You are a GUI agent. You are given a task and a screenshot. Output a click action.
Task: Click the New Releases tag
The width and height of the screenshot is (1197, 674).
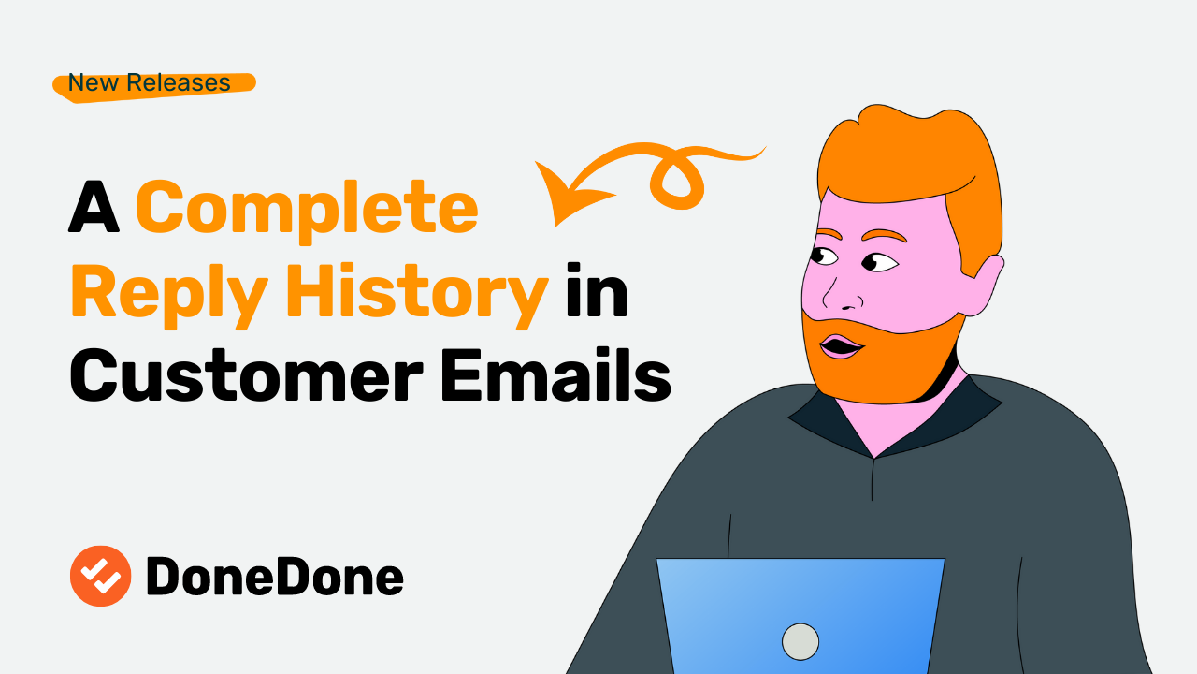pyautogui.click(x=150, y=83)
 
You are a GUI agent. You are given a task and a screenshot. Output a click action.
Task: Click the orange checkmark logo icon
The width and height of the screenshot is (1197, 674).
pyautogui.click(x=100, y=576)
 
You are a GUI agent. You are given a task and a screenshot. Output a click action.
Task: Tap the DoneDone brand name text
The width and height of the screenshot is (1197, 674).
pyautogui.click(x=275, y=577)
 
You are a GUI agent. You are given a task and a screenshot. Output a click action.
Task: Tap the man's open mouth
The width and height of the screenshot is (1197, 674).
pyautogui.click(x=842, y=347)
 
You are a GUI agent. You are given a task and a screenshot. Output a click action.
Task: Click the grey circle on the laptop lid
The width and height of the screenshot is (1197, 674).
pyautogui.click(x=800, y=641)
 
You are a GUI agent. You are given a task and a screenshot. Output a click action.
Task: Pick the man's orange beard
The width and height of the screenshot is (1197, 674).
pyautogui.click(x=888, y=360)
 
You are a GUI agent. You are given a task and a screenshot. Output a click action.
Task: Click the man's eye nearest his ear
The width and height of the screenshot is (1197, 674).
pyautogui.click(x=879, y=262)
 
